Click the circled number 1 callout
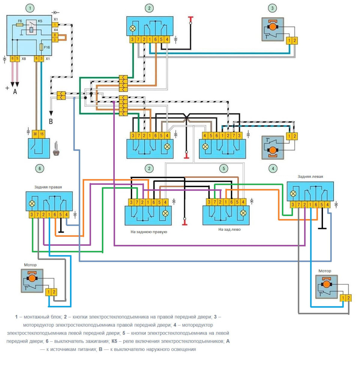[x=29, y=8]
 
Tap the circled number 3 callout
[x=273, y=8]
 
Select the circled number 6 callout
[x=40, y=169]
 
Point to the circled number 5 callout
[x=223, y=169]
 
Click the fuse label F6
[x=20, y=21]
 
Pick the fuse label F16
[x=47, y=48]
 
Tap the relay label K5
[x=40, y=21]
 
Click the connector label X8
[x=24, y=59]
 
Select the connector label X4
[x=55, y=30]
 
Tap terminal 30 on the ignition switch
[x=35, y=133]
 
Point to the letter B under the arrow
[x=51, y=121]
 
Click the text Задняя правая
[x=49, y=186]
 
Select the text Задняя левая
[x=310, y=176]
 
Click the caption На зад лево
[x=229, y=230]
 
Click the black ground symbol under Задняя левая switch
[x=322, y=227]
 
